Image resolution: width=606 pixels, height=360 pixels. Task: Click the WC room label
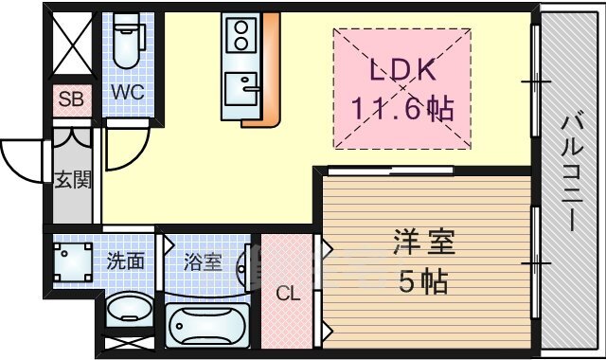pyautogui.click(x=128, y=93)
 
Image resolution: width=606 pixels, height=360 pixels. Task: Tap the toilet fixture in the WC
pyautogui.click(x=127, y=42)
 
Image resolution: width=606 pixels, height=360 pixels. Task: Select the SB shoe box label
pyautogui.click(x=71, y=99)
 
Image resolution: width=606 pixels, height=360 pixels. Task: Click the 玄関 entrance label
pyautogui.click(x=72, y=180)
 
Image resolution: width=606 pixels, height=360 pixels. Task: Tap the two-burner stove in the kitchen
pyautogui.click(x=241, y=35)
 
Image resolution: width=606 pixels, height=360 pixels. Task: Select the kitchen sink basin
pyautogui.click(x=241, y=88)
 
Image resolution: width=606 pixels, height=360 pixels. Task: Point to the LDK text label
pyautogui.click(x=403, y=70)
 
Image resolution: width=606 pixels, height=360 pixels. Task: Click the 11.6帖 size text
pyautogui.click(x=401, y=108)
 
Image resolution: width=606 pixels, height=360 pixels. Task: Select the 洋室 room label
pyautogui.click(x=424, y=243)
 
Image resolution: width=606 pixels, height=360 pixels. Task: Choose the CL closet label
pyautogui.click(x=288, y=295)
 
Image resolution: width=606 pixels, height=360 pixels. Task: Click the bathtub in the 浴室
pyautogui.click(x=208, y=325)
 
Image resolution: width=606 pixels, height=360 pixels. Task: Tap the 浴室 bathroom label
pyautogui.click(x=203, y=261)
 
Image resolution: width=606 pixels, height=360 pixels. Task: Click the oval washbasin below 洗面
pyautogui.click(x=129, y=309)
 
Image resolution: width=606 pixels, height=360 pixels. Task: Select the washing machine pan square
pyautogui.click(x=73, y=262)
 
